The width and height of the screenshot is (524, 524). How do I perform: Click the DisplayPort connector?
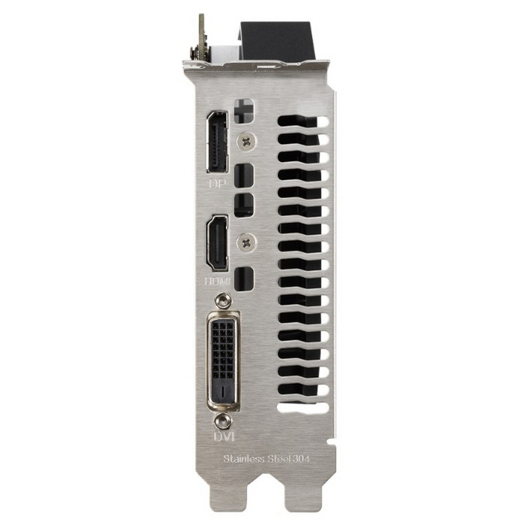(x=217, y=141)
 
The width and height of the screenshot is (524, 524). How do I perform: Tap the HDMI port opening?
(x=217, y=243)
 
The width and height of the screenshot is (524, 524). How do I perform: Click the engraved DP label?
(x=217, y=183)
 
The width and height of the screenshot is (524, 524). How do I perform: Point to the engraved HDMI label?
(x=217, y=281)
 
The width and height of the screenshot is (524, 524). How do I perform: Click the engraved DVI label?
(x=224, y=436)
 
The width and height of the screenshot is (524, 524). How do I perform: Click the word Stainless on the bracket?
(x=244, y=458)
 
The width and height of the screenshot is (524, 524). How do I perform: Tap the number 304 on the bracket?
(x=301, y=458)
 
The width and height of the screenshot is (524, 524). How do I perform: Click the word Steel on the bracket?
(x=279, y=458)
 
